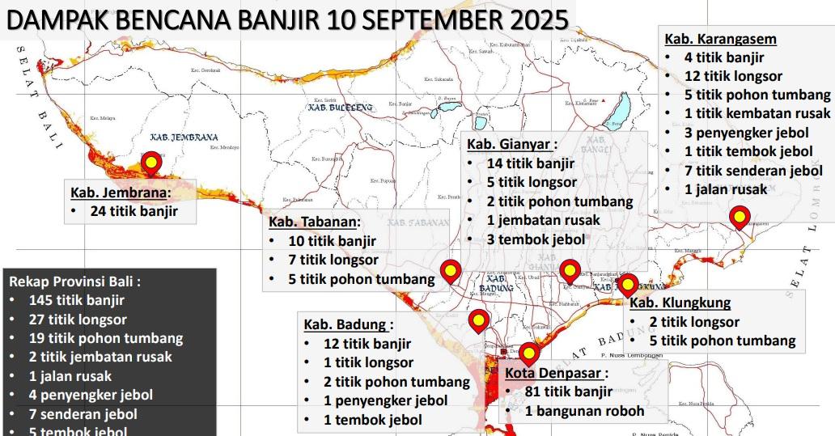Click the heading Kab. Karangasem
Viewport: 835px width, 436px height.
[720, 39]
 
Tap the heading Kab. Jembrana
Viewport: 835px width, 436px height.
[121, 193]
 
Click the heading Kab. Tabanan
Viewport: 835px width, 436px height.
[315, 222]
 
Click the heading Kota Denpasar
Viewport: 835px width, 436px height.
[556, 373]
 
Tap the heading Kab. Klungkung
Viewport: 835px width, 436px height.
[680, 303]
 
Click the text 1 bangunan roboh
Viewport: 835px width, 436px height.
[584, 411]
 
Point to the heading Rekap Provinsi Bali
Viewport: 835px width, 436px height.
[75, 281]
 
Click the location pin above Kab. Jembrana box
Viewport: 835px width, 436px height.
[151, 165]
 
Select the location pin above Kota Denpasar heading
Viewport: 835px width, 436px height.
[529, 354]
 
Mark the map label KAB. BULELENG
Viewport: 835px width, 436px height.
[340, 107]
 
